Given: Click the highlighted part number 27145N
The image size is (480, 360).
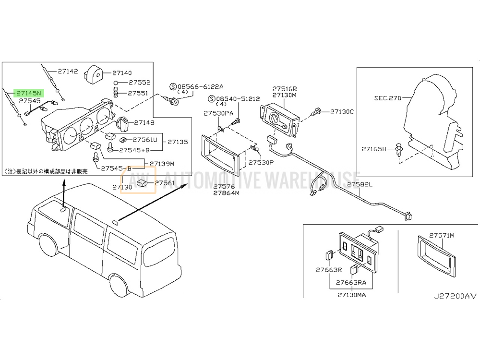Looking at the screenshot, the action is (28, 93).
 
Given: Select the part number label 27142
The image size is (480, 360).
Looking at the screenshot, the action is (68, 72).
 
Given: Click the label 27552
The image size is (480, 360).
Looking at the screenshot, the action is (140, 83).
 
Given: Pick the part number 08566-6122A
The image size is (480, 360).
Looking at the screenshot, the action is (201, 86).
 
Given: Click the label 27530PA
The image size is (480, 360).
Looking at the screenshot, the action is (218, 113).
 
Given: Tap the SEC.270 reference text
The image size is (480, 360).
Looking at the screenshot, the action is (387, 98).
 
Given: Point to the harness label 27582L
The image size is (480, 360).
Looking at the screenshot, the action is (360, 184).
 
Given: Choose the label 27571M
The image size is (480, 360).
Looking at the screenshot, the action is (442, 235).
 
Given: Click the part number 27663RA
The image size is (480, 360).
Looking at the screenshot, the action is (351, 283).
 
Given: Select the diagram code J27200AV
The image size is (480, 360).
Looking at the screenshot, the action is (455, 296).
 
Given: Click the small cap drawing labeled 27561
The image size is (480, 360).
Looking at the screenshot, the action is (143, 183).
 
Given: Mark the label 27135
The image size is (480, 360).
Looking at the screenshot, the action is (178, 142).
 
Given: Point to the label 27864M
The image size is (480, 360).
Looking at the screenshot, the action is (227, 193).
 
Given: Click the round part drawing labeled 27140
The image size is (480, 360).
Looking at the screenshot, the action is (94, 73).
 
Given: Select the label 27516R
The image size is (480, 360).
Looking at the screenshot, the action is (285, 89).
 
